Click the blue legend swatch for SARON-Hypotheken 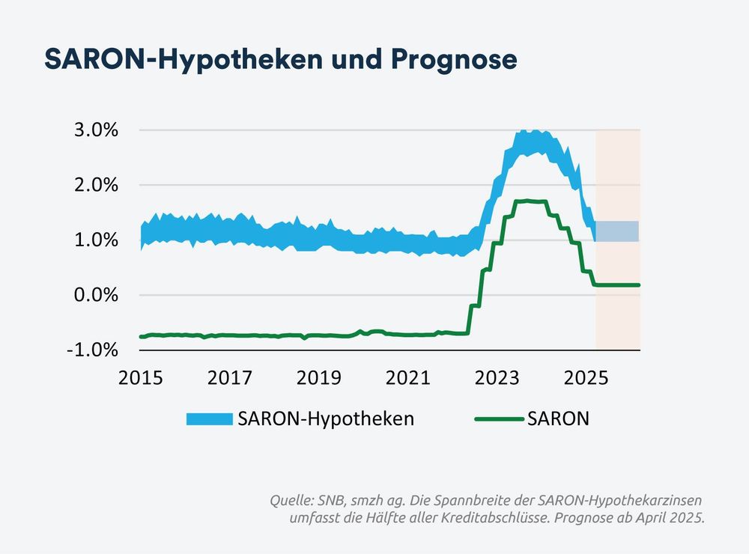[209, 419]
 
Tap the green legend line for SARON [498, 419]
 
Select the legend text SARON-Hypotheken [326, 419]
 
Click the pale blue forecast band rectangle [617, 231]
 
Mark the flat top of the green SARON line [530, 201]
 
